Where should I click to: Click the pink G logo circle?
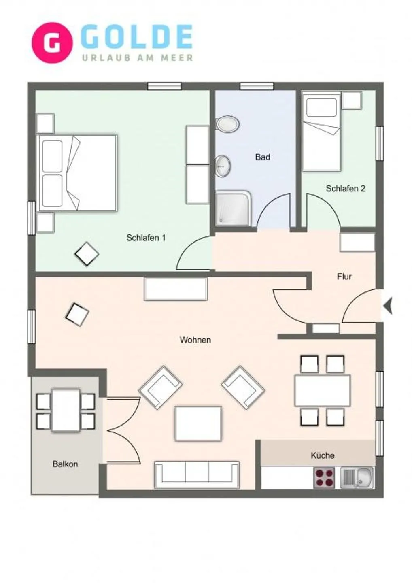52,43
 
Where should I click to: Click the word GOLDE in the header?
136,38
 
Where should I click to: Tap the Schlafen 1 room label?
146,238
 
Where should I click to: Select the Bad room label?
262,157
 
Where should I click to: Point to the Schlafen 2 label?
345,188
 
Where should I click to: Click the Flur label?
344,277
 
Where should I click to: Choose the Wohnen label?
195,340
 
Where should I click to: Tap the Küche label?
322,455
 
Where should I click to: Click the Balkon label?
65,464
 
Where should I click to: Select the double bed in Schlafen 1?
77,173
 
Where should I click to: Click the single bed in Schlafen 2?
322,132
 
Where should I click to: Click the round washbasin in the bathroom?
223,166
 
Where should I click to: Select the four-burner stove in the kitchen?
324,478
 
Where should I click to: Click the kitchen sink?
357,478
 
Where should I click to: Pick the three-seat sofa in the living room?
197,474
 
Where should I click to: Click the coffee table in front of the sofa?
198,423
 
